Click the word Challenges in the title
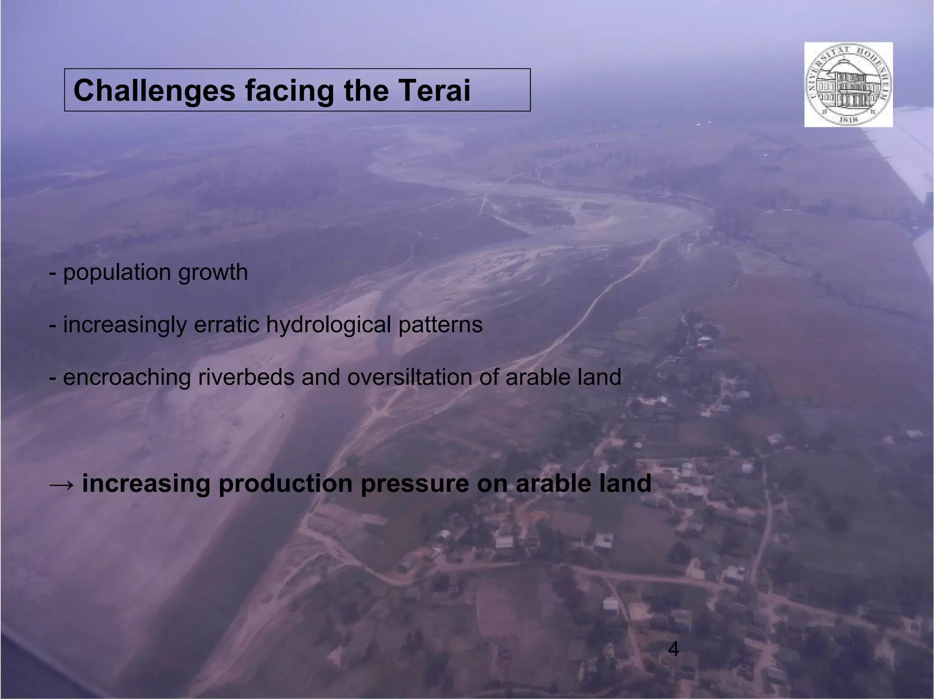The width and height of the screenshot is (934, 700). [x=154, y=91]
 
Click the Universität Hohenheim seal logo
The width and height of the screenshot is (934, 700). [x=848, y=84]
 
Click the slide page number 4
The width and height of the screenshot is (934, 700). [x=673, y=648]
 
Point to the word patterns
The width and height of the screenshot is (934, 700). [x=440, y=325]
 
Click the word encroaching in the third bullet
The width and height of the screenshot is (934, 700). [x=127, y=378]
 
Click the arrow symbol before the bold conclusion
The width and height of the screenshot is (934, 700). [x=61, y=484]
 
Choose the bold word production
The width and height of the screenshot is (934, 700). [x=285, y=483]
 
